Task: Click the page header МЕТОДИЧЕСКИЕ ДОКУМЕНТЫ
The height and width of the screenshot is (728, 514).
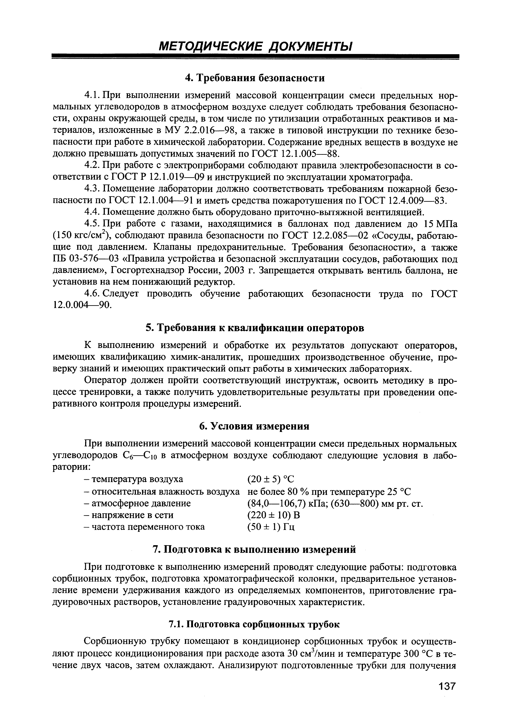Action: [255, 47]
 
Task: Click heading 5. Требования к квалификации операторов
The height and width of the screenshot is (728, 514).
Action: [255, 328]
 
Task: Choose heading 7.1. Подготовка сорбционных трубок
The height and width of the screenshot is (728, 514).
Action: [254, 624]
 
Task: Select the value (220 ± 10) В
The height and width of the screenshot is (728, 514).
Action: [273, 515]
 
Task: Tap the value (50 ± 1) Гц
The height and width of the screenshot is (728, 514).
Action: [271, 527]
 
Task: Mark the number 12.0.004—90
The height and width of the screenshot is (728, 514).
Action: [82, 305]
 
